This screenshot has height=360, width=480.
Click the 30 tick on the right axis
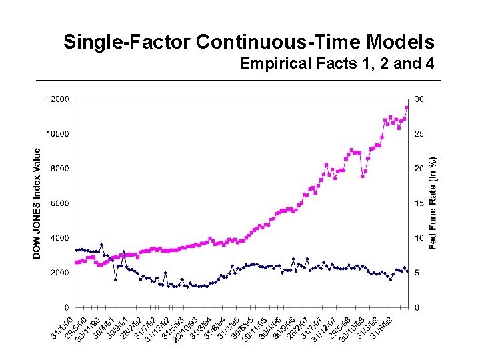418,99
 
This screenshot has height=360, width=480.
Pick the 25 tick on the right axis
418,133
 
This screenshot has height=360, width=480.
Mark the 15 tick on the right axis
418,203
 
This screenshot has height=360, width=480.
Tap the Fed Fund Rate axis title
433,203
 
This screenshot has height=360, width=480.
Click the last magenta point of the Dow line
407,107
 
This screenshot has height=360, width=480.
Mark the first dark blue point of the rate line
77,250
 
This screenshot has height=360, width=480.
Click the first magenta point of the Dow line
77,262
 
